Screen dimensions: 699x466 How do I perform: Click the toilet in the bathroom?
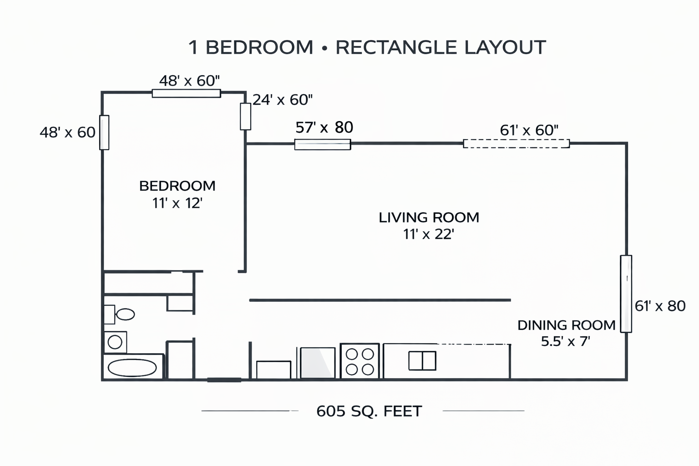(x=120, y=314)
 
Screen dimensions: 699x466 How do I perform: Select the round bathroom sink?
(x=115, y=342)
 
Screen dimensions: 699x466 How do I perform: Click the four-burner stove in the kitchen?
(x=360, y=361)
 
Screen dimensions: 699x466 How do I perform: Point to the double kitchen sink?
(x=422, y=360)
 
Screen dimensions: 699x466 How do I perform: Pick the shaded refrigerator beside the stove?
(x=318, y=363)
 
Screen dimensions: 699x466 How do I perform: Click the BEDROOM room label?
(x=177, y=186)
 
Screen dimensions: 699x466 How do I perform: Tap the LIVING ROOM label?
(x=429, y=218)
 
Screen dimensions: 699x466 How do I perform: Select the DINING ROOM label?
(x=567, y=325)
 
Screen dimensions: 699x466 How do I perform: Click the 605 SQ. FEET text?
(x=369, y=411)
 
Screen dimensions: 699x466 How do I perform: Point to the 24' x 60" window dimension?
(x=283, y=100)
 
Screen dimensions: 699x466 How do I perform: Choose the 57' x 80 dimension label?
(x=324, y=127)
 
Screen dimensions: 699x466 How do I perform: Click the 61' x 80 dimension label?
(x=660, y=306)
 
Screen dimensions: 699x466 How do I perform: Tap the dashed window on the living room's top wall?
(x=517, y=143)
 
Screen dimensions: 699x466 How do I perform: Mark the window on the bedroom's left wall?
(x=104, y=132)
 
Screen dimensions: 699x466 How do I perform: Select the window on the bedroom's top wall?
(x=186, y=93)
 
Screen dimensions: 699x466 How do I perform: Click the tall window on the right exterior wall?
(x=626, y=294)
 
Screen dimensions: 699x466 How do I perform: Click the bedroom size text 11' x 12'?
(x=177, y=203)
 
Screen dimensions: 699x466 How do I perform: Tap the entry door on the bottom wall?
(x=224, y=380)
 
